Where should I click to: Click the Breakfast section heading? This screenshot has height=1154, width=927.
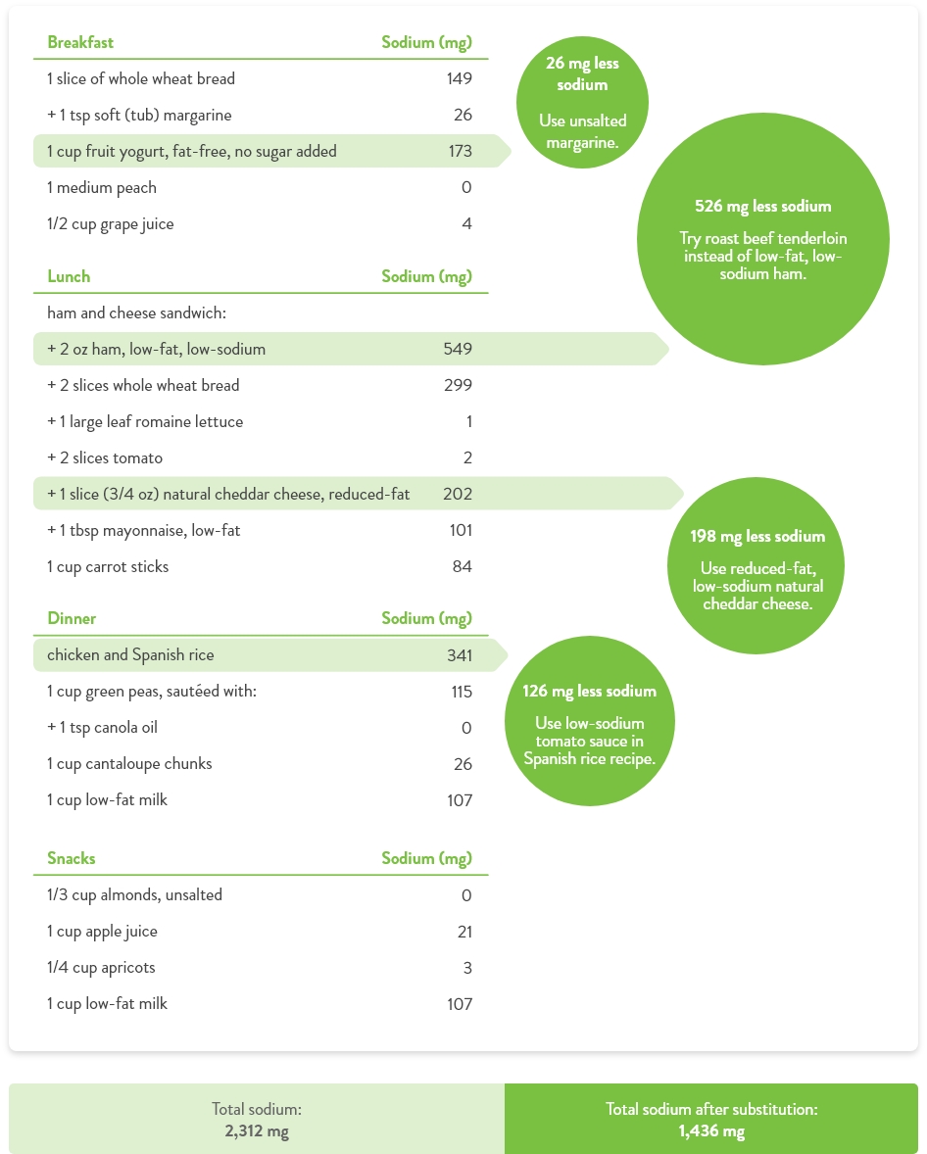80,42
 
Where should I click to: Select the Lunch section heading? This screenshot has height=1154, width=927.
69,276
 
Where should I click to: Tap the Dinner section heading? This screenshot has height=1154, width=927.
72,618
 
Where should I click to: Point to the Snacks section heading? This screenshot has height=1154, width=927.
72,858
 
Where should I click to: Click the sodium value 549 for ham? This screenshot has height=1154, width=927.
458,349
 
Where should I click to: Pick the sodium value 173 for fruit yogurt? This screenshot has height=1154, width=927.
459,151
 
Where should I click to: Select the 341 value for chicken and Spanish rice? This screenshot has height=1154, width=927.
459,654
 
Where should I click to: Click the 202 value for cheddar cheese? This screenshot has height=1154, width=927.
458,494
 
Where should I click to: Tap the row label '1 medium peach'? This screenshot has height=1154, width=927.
102,187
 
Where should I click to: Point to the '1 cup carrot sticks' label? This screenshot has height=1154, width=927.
108,566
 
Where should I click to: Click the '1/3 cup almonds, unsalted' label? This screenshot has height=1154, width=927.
134,894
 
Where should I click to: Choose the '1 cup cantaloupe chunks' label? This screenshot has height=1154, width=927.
129,763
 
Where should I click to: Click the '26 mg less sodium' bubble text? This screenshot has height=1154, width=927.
582,73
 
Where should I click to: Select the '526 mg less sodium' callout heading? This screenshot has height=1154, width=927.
762,207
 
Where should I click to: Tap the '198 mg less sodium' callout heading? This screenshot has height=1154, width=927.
756,536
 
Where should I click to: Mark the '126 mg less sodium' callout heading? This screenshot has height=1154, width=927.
589,691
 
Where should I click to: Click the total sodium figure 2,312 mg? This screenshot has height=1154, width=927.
257,1131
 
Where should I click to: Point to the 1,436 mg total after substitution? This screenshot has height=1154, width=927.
711,1131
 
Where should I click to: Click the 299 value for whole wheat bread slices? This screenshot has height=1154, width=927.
458,385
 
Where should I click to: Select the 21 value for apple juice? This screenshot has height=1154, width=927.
464,931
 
